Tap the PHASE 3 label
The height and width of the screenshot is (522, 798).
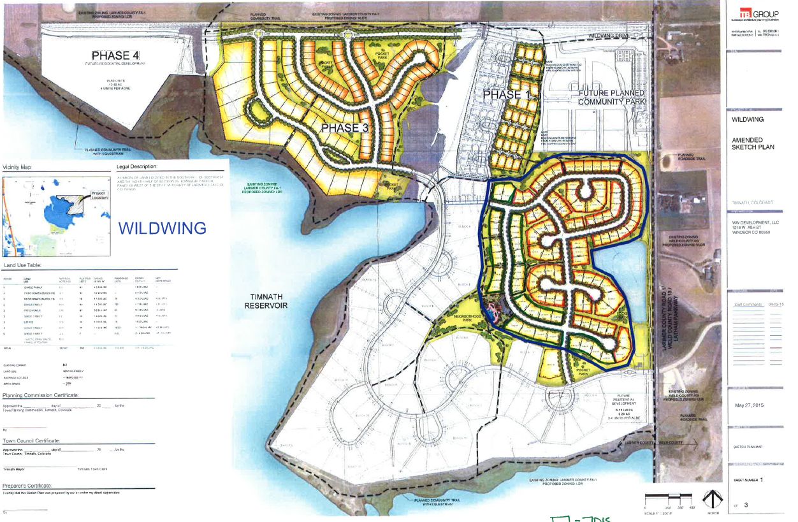pos(344,128)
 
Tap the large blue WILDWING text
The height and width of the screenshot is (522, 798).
pos(163,228)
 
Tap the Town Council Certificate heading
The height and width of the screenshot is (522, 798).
pos(32,440)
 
